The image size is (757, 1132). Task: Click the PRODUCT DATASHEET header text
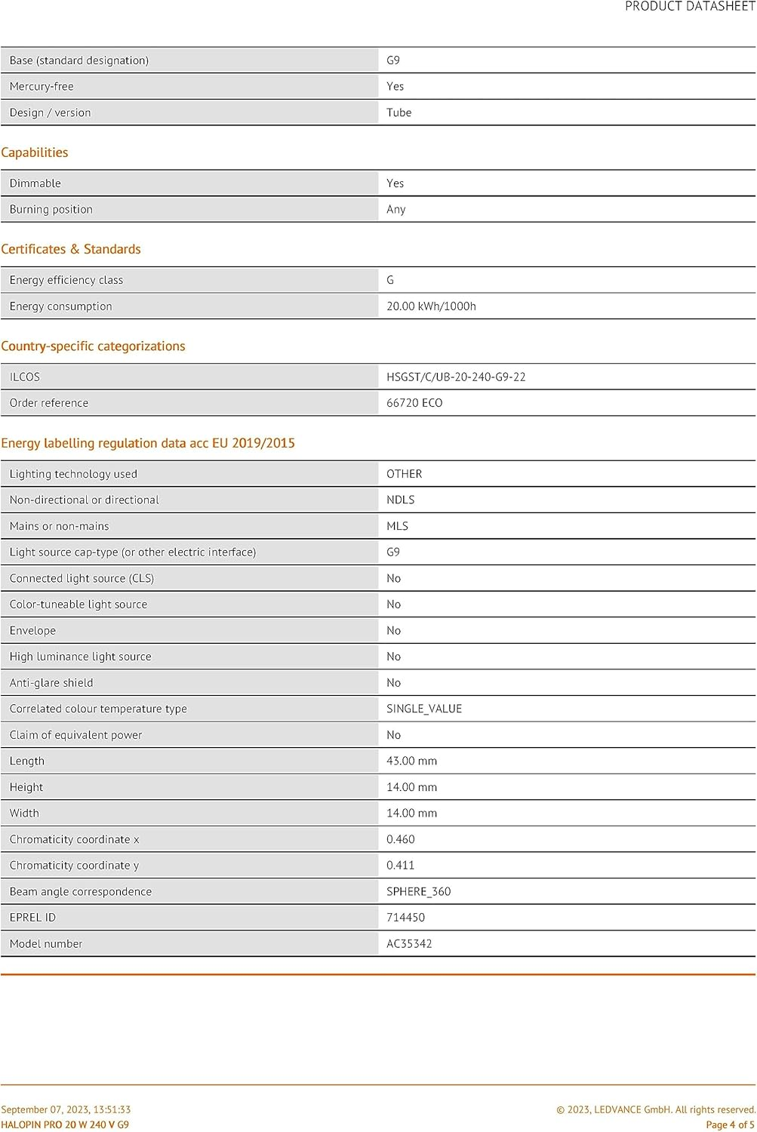[690, 7]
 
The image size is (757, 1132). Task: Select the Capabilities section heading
[35, 152]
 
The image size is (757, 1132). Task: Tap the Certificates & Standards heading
[71, 249]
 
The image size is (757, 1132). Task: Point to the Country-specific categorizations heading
[93, 346]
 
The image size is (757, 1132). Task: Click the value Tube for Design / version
[399, 112]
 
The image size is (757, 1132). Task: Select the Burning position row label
[51, 209]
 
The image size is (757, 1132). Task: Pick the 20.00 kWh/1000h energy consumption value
[431, 306]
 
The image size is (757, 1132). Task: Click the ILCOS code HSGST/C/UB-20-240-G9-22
[456, 377]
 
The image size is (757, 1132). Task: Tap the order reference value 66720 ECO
[414, 403]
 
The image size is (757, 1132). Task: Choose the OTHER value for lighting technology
[404, 474]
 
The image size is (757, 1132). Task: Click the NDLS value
[400, 500]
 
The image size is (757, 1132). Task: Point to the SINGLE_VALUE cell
[423, 709]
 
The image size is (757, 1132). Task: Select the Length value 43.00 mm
[411, 761]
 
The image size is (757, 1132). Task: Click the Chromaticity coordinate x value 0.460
[400, 839]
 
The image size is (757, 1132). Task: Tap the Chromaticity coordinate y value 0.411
[400, 866]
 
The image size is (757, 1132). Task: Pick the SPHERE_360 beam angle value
[418, 891]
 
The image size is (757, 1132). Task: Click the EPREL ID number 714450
[405, 918]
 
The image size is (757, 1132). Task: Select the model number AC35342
[409, 943]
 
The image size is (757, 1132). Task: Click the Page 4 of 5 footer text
[729, 1124]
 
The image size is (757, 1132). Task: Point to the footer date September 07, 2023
[66, 1109]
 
